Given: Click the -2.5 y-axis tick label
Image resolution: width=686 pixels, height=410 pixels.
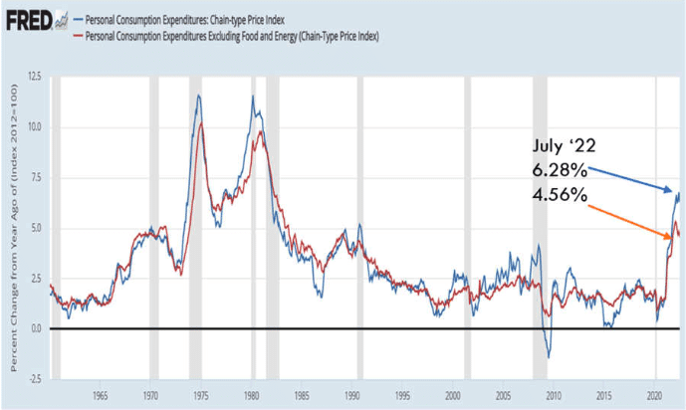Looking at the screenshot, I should coord(33,379).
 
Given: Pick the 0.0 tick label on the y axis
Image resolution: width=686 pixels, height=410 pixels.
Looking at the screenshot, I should coord(35,328).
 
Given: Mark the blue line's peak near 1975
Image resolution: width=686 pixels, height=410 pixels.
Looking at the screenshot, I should coord(199,96).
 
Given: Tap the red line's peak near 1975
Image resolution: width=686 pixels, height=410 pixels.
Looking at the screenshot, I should coord(202,123).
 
